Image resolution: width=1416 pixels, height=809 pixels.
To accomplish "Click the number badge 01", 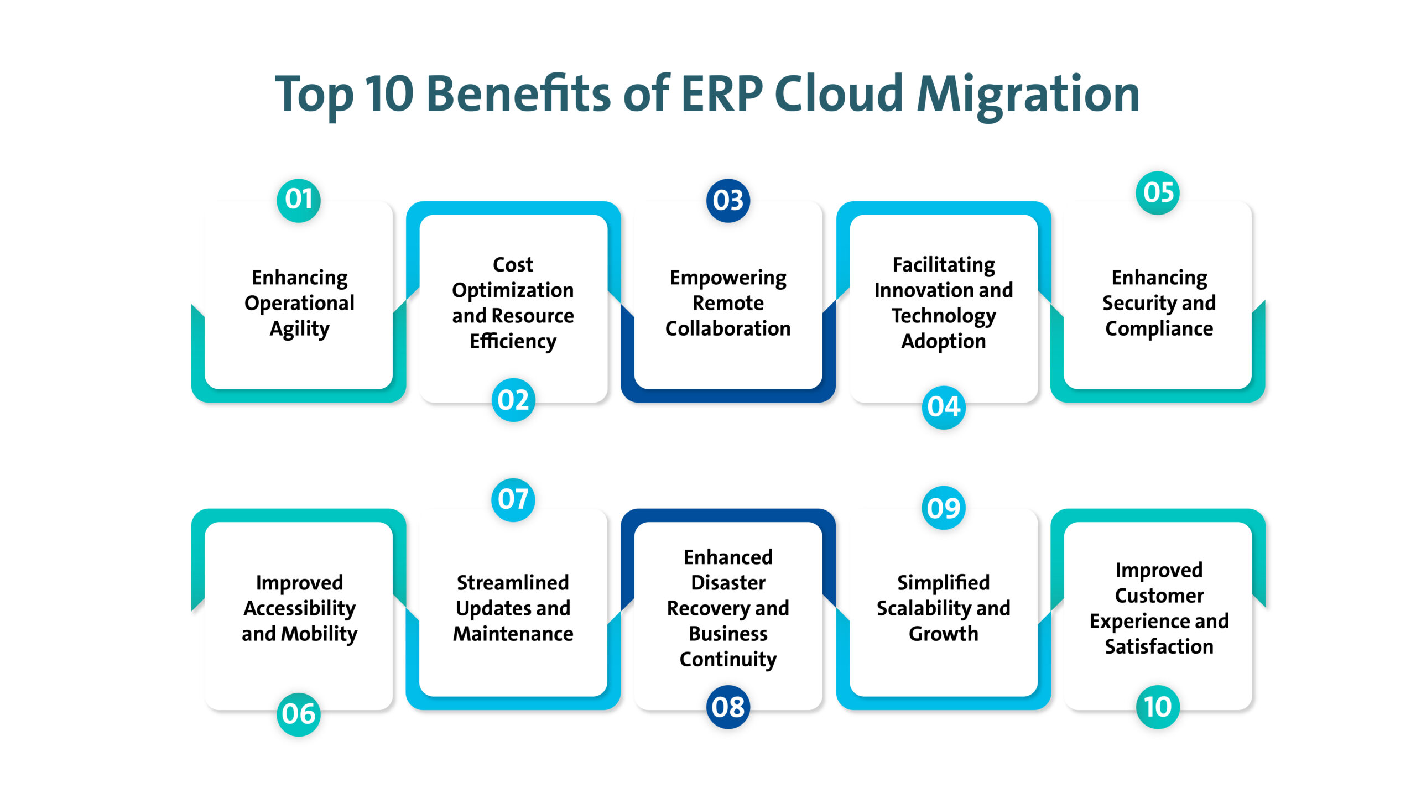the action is pyautogui.click(x=299, y=200).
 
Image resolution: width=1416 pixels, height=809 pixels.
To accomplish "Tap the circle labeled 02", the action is pyautogui.click(x=513, y=400).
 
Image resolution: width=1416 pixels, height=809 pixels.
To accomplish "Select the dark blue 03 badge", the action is pyautogui.click(x=728, y=201).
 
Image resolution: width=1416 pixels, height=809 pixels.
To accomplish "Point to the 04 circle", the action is pyautogui.click(x=943, y=408).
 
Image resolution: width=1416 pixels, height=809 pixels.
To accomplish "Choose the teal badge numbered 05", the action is pyautogui.click(x=1158, y=193).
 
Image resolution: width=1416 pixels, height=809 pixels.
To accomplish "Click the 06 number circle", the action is pyautogui.click(x=299, y=714).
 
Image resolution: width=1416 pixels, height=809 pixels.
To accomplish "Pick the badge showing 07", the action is pyautogui.click(x=513, y=499).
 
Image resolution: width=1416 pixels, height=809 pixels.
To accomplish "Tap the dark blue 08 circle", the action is pyautogui.click(x=728, y=707).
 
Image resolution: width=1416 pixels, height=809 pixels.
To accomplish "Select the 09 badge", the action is pyautogui.click(x=943, y=508).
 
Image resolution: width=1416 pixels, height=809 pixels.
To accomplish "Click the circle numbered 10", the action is pyautogui.click(x=1158, y=707).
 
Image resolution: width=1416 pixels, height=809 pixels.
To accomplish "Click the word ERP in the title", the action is pyautogui.click(x=721, y=93).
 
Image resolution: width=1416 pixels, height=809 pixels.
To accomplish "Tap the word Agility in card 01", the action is pyautogui.click(x=300, y=330).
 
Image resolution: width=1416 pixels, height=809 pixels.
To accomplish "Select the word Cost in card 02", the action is pyautogui.click(x=513, y=264).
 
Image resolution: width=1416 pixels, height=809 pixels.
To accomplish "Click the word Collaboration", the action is pyautogui.click(x=728, y=328).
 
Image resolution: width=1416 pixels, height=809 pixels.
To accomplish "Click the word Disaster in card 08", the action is pyautogui.click(x=728, y=582).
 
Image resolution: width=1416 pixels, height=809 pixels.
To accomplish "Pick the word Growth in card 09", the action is pyautogui.click(x=943, y=633).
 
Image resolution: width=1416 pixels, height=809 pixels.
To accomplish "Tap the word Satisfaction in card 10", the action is pyautogui.click(x=1159, y=646).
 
